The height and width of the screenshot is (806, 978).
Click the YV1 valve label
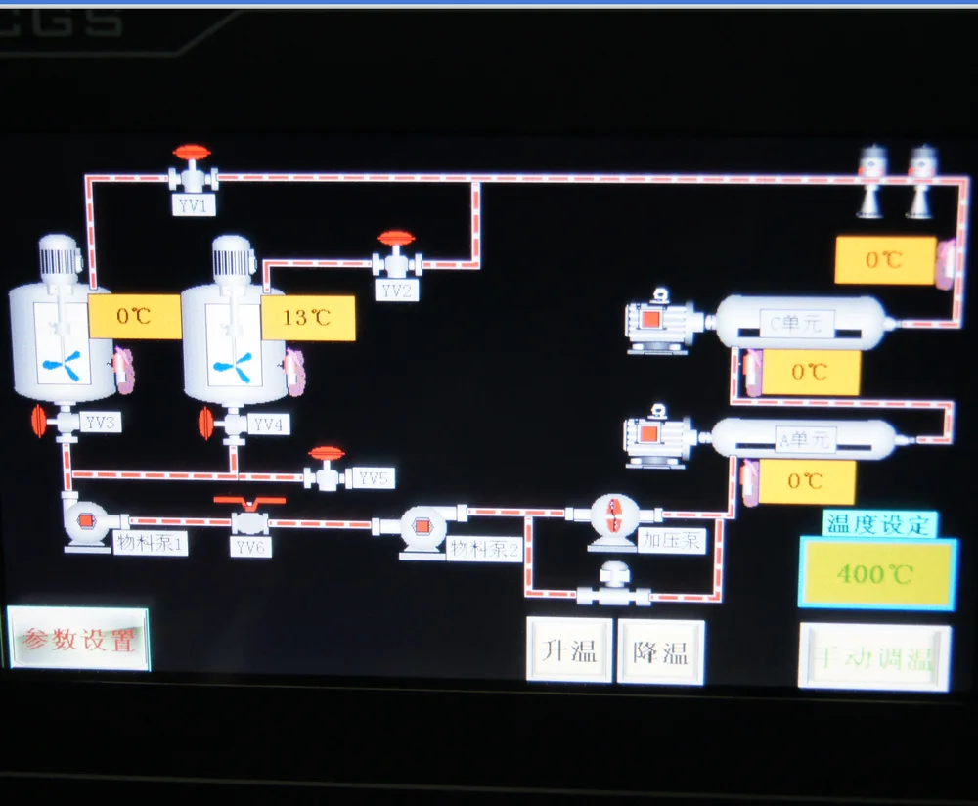pos(195,205)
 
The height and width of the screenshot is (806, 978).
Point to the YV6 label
pos(250,547)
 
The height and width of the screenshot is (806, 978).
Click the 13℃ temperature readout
pos(307,318)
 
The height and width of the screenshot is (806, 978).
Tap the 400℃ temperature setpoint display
pos(877,573)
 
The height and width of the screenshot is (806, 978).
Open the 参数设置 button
pos(79,640)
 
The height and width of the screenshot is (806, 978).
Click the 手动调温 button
pos(874,657)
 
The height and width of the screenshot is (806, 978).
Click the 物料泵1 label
pos(151,543)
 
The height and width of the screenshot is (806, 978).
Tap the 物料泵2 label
pos(484,549)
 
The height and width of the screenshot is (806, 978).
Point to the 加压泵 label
pos(672,539)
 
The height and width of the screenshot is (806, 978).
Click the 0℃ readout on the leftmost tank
pos(135,316)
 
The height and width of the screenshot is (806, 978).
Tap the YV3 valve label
pos(101,424)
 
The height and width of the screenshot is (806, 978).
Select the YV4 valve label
pos(267,425)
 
